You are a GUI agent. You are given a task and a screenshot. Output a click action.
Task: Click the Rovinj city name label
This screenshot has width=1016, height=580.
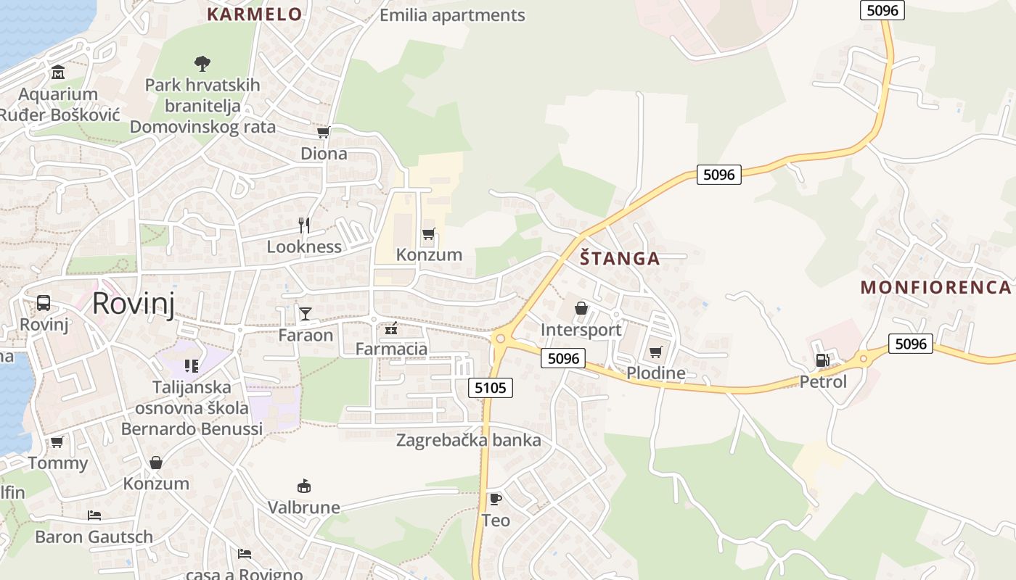point(134,303)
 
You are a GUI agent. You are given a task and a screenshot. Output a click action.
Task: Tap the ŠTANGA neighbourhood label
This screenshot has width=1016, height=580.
point(620,259)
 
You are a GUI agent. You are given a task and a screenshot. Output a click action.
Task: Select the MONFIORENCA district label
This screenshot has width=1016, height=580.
point(935,287)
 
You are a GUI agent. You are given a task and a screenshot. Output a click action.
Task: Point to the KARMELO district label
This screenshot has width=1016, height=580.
point(254,14)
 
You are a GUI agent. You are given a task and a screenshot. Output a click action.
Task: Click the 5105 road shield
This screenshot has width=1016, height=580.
point(491,388)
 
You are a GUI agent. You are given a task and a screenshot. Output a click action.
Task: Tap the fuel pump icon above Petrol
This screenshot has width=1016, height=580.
point(822,360)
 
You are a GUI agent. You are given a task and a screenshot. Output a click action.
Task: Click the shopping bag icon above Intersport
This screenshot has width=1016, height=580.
point(581,309)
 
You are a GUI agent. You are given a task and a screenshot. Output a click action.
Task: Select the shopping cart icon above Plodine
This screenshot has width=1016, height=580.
point(656,352)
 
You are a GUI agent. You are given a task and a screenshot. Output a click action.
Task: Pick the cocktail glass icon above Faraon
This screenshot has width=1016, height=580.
point(306,314)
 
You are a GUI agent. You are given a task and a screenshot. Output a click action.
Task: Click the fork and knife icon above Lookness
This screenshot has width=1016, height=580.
point(304,225)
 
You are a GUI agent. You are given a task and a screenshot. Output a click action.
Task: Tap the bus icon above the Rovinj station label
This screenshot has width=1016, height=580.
point(44,303)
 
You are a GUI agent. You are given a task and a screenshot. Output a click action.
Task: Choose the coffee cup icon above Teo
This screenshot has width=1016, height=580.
point(496,499)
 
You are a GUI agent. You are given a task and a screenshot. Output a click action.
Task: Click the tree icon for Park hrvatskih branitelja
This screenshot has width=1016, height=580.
point(202,64)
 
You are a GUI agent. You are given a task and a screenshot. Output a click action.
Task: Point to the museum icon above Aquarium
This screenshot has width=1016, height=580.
point(58,72)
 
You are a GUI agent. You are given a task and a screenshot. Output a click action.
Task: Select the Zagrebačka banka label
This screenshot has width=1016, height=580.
point(468,440)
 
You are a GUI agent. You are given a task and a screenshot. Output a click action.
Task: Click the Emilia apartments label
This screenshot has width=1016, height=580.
point(452,15)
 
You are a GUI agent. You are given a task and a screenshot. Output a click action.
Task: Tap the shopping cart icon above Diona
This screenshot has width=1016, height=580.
point(324,133)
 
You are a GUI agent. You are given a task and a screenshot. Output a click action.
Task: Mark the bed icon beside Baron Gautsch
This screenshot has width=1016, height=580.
point(94,515)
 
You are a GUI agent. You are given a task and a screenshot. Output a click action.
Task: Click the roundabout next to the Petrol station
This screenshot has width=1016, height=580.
point(864,358)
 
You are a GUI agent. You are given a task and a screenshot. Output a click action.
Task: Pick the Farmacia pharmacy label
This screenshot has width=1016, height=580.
point(391,349)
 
